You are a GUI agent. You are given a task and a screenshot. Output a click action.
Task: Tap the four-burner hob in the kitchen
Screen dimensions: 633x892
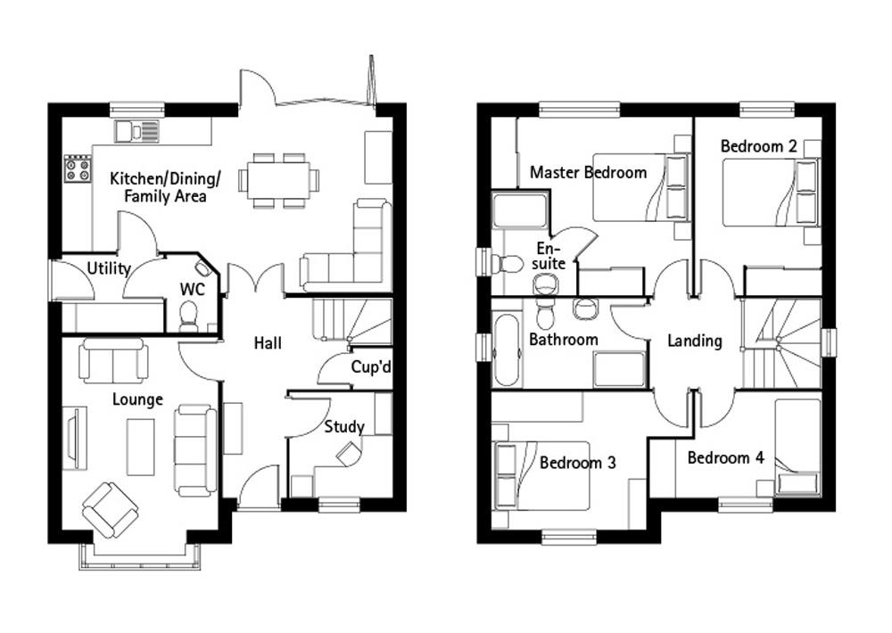point(77,169)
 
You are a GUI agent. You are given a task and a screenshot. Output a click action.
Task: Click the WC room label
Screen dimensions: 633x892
point(192,290)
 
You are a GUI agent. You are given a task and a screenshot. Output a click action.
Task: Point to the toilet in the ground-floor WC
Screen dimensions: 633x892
point(188,316)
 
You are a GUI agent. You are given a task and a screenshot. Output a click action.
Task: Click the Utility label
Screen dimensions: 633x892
point(109,268)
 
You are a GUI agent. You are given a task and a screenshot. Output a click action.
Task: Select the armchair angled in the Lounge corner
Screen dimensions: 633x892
point(110,508)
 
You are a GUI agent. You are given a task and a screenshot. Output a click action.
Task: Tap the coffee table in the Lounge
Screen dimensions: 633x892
point(140,447)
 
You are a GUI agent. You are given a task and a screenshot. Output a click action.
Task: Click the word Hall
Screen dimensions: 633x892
point(268,342)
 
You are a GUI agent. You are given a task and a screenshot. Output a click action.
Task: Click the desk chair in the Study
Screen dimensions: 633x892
point(348,454)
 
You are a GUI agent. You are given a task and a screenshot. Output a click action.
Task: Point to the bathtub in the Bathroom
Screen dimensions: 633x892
point(507,349)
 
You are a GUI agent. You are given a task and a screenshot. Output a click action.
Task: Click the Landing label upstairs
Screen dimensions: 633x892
point(695,341)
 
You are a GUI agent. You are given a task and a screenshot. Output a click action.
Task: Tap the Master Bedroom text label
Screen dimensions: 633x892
point(588,172)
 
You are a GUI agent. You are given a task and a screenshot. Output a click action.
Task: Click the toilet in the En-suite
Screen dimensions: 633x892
point(509,264)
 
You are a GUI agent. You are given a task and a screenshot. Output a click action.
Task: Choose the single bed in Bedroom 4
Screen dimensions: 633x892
point(797,446)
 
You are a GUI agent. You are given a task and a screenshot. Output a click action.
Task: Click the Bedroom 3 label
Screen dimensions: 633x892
point(577,463)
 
